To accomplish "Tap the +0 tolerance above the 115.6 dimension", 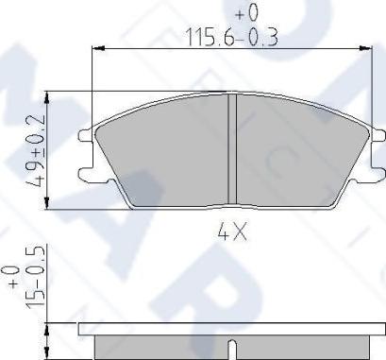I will (246, 13).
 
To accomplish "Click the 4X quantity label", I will (232, 231).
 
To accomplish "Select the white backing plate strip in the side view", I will (232, 331).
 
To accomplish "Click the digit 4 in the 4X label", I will (225, 231).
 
